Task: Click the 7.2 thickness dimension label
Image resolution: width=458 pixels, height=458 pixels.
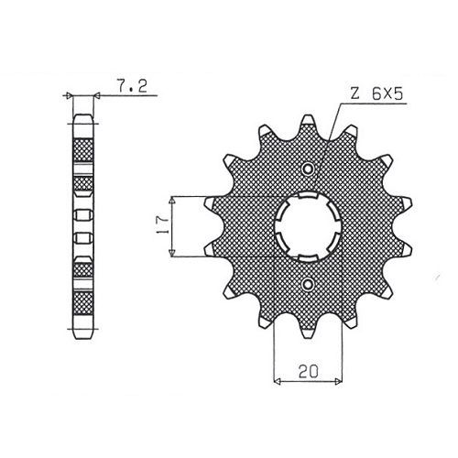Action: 132,86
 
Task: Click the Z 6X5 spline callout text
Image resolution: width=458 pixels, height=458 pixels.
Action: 376,93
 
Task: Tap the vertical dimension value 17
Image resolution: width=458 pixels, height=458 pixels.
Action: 162,225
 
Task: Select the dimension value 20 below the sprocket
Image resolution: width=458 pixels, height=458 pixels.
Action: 309,371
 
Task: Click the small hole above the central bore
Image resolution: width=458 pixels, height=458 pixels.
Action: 308,169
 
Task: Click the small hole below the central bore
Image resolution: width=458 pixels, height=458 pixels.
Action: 308,285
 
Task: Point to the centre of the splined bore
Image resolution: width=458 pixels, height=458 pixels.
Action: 308,226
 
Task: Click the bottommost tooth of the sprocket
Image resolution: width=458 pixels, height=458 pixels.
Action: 308,331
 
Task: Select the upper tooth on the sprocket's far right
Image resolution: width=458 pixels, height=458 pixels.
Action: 405,204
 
